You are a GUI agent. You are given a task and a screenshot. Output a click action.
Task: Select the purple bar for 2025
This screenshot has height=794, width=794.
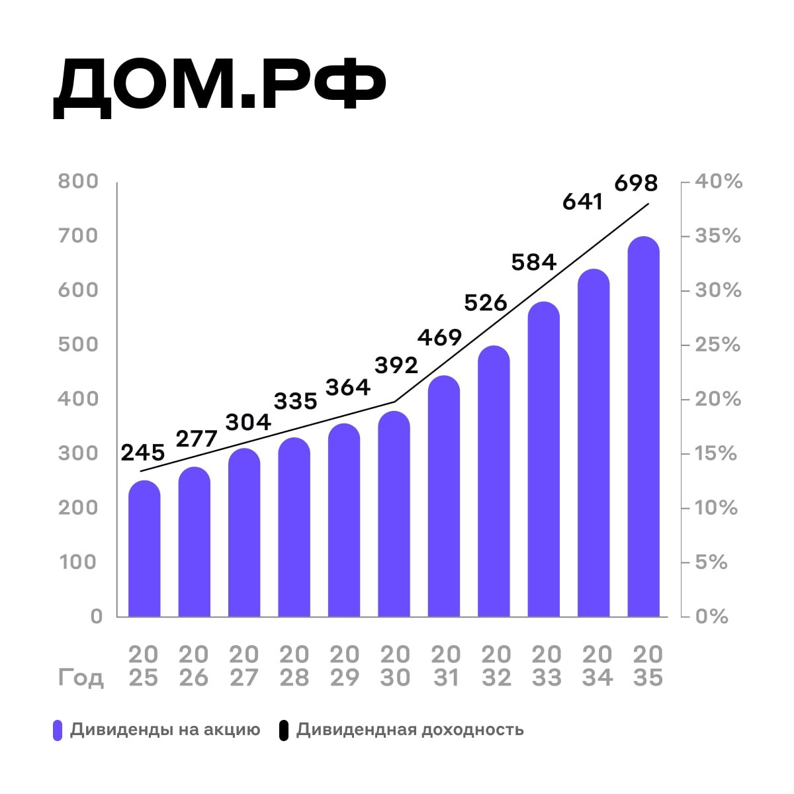click(x=144, y=549)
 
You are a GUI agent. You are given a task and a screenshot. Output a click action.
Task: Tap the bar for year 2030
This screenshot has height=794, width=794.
click(x=394, y=516)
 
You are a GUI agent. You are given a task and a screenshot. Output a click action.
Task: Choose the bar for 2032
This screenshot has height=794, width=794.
click(x=494, y=483)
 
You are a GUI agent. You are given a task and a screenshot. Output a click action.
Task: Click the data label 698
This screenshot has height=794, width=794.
click(x=636, y=183)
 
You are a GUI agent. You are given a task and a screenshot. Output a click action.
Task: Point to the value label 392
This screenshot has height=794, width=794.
click(x=396, y=365)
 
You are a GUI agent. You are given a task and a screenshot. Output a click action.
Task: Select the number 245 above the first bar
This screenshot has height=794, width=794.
click(x=143, y=453)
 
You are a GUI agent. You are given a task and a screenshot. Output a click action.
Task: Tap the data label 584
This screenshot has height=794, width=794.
click(x=534, y=263)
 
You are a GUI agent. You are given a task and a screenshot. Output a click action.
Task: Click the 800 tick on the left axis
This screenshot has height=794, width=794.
click(x=78, y=181)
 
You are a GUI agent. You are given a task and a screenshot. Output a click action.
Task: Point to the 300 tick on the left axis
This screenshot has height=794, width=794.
click(x=78, y=453)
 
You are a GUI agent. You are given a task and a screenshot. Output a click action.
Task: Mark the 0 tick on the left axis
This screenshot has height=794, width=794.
click(x=97, y=617)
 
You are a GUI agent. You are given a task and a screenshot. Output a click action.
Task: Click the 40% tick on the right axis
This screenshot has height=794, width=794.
click(x=719, y=181)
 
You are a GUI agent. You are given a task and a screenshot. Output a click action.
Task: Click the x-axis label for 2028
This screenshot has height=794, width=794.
click(x=294, y=666)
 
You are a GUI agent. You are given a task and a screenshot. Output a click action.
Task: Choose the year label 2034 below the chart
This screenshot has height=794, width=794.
click(x=597, y=666)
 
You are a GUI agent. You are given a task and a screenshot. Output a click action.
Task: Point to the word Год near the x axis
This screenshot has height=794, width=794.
click(x=81, y=678)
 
